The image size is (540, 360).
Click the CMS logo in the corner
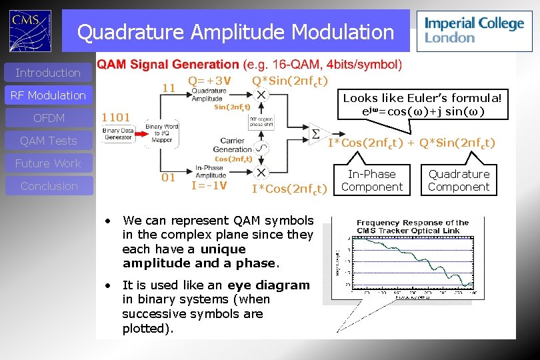pos(31,29)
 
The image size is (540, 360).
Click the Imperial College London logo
pos(474,31)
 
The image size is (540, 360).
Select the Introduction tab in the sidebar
pos(48,73)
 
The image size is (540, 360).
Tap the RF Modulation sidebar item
pos(48,95)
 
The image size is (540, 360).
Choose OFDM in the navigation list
pos(48,118)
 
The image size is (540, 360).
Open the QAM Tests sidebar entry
pos(48,141)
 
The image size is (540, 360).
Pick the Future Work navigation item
pos(48,163)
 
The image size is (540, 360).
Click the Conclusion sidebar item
pos(48,186)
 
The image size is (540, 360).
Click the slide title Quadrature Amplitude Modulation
pos(235,31)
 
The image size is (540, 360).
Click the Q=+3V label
pos(209,81)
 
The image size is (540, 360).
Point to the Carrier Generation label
pos(233,145)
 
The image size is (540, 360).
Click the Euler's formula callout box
pos(421,104)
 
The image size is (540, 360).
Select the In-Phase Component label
pos(371,181)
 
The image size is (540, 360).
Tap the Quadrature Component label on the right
pos(459,181)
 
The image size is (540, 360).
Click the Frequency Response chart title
pos(413,227)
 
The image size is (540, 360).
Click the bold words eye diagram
pos(268,285)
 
